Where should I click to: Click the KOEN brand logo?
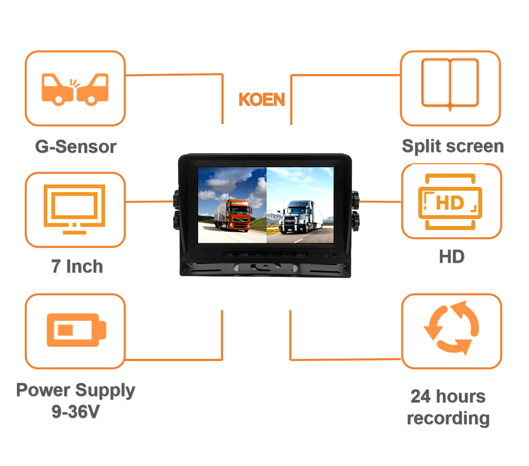(x=262, y=100)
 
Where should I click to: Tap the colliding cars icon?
(x=75, y=88)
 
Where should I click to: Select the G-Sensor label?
(x=75, y=147)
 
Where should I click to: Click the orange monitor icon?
(x=75, y=209)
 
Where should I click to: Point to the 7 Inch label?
(x=77, y=266)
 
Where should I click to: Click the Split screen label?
(x=452, y=146)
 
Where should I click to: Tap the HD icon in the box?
(x=451, y=203)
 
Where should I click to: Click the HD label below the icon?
(x=452, y=256)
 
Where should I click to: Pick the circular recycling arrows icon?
(x=451, y=328)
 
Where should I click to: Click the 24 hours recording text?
(x=448, y=407)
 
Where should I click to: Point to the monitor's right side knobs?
(x=356, y=209)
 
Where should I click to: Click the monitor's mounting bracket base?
(x=265, y=270)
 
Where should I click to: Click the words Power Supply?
(x=75, y=390)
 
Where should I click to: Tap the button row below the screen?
(x=264, y=255)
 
